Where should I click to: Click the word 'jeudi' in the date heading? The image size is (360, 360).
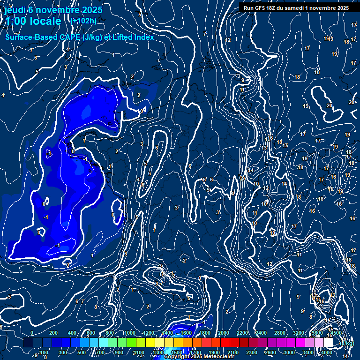[15, 9]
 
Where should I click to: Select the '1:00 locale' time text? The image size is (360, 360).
[33, 21]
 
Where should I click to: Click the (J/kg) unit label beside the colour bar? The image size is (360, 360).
[346, 344]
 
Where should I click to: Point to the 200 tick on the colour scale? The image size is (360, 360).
[53, 333]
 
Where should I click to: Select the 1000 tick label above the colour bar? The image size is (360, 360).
[129, 333]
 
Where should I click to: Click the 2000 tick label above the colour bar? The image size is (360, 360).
[223, 333]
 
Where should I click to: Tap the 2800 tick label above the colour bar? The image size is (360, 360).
[279, 333]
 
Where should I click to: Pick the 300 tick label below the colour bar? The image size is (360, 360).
[63, 352]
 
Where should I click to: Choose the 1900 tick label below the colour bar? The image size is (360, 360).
[214, 352]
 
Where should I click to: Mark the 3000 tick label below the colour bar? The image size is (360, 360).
[289, 352]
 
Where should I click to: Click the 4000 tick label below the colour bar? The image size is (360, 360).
[327, 352]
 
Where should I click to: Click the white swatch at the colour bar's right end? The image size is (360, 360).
[328, 343]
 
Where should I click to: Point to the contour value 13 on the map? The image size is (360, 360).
[264, 148]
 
